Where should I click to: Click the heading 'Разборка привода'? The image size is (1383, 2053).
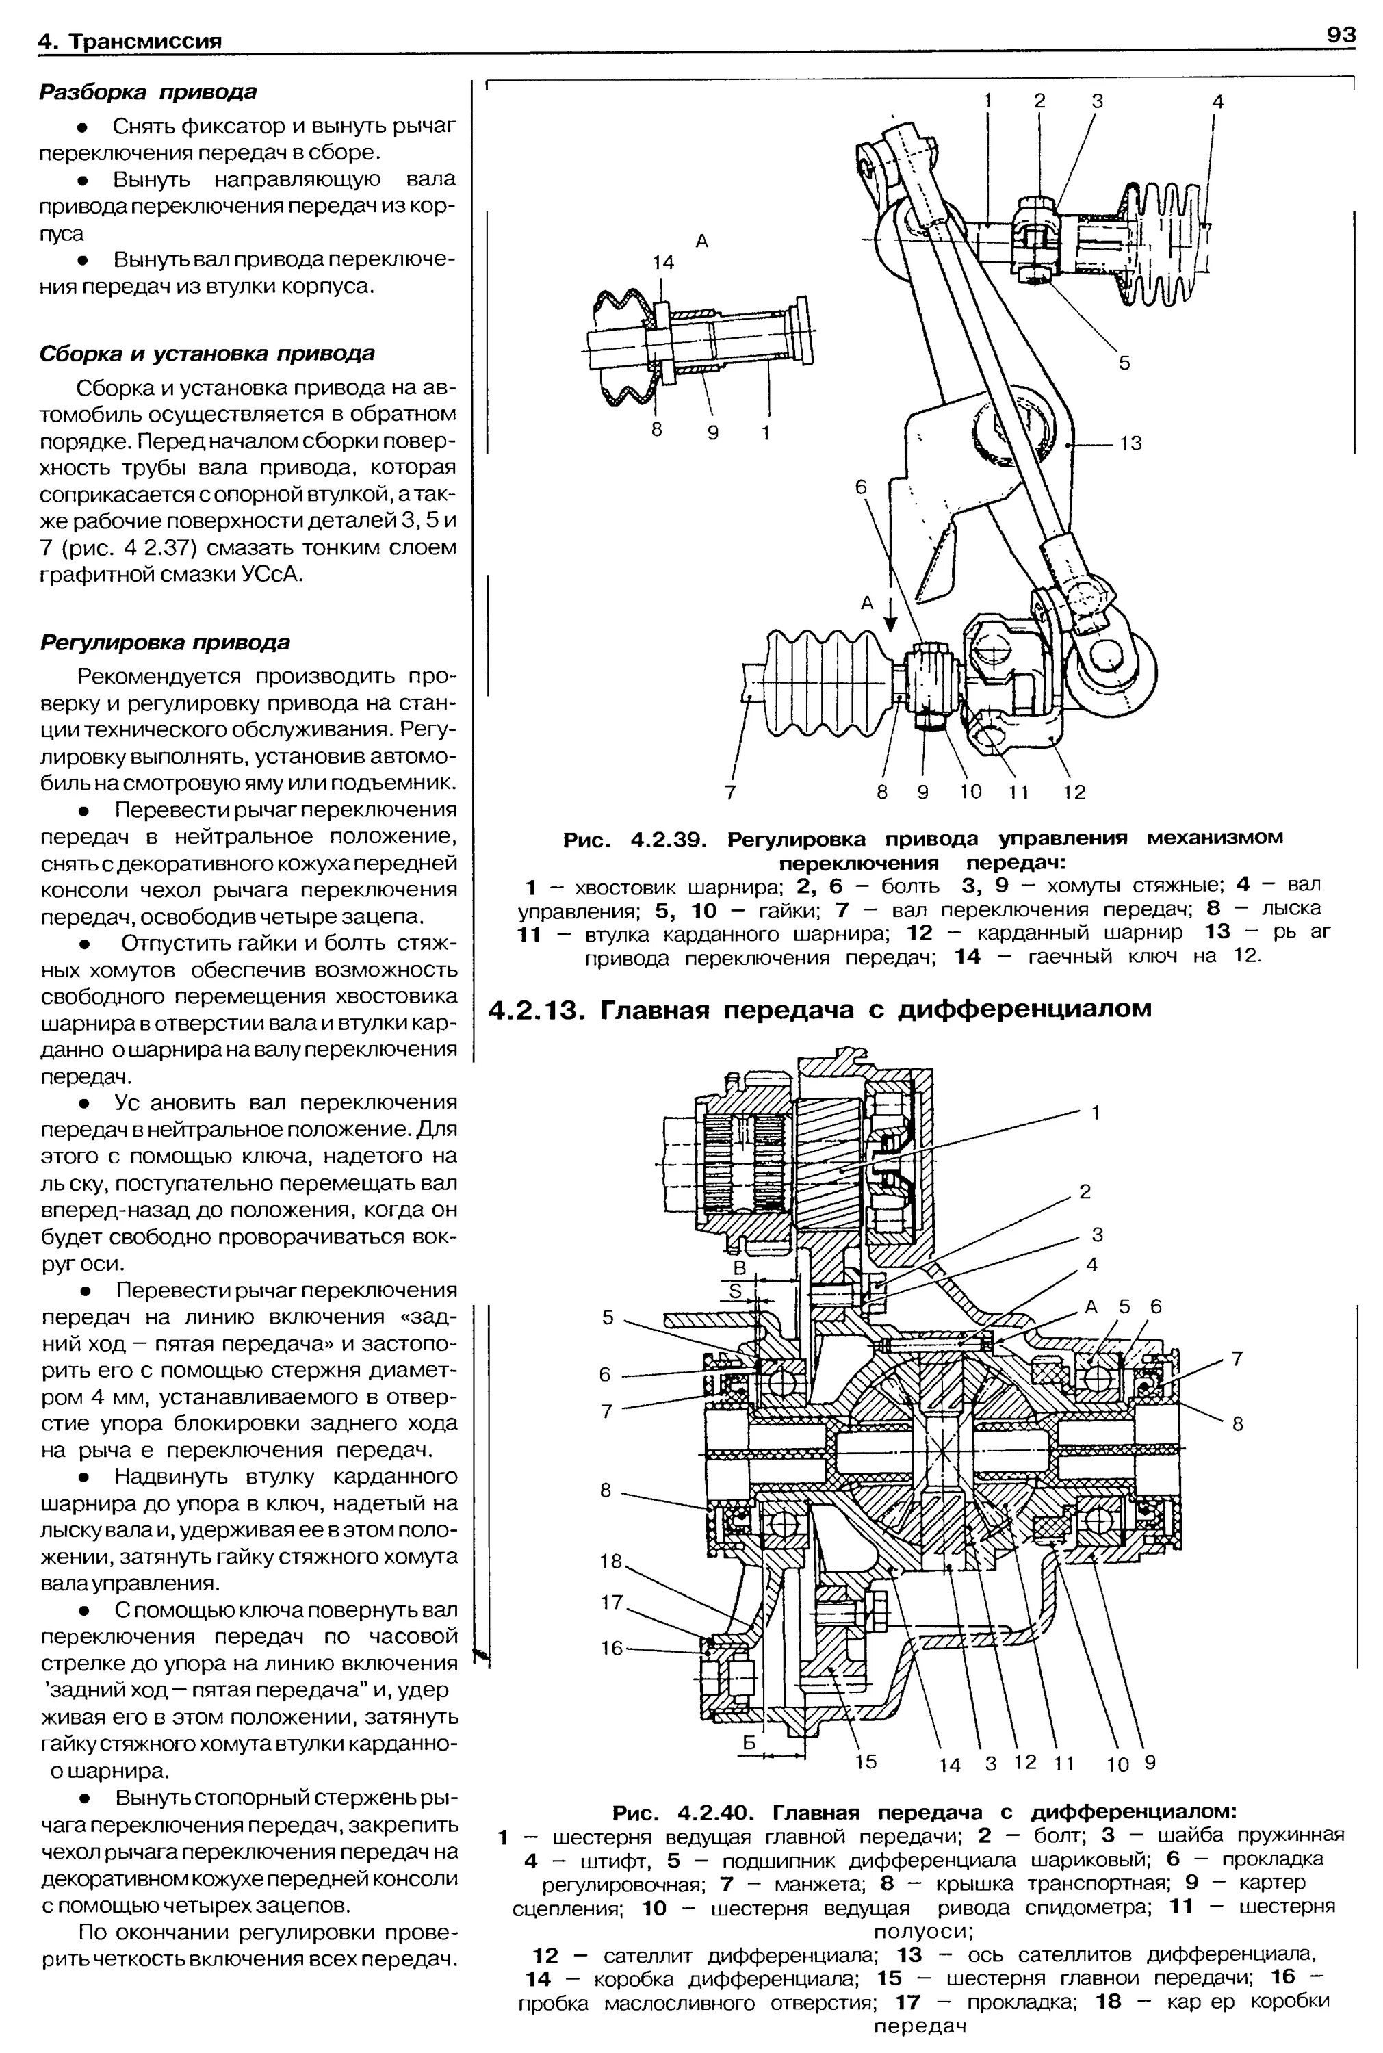pyautogui.click(x=148, y=92)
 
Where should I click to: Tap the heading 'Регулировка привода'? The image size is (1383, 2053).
pyautogui.click(x=166, y=643)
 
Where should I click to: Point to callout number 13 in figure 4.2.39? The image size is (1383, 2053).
pyautogui.click(x=1130, y=443)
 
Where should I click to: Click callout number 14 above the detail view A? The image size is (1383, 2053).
pyautogui.click(x=662, y=262)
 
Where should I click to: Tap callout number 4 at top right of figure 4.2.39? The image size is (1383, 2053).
pyautogui.click(x=1217, y=102)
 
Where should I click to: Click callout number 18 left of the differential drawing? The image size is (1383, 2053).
pyautogui.click(x=611, y=1561)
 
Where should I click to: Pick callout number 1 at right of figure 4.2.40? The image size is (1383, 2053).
pyautogui.click(x=1096, y=1113)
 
